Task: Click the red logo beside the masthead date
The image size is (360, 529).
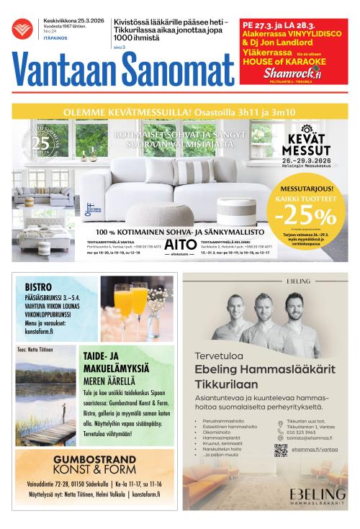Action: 22,30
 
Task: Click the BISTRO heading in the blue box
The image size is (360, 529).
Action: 39,285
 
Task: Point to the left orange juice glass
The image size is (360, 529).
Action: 122,302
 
